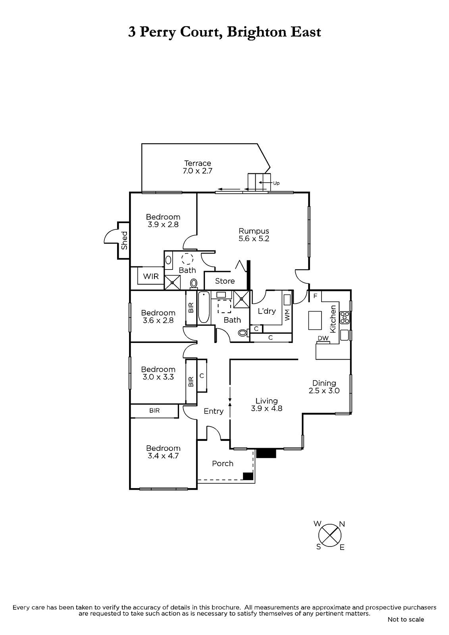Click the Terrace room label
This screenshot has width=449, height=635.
pyautogui.click(x=197, y=163)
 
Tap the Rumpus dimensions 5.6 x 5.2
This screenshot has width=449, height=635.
pyautogui.click(x=254, y=239)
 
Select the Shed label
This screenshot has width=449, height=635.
pyautogui.click(x=124, y=241)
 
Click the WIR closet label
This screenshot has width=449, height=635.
pyautogui.click(x=150, y=276)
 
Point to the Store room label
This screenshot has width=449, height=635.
pyautogui.click(x=225, y=281)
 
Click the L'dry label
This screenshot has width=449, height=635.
pyautogui.click(x=267, y=311)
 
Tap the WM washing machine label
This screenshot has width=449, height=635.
pyautogui.click(x=287, y=315)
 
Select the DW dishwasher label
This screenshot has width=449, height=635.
pyautogui.click(x=323, y=338)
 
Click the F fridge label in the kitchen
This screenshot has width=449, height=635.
pyautogui.click(x=315, y=296)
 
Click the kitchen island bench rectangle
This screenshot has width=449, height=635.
pyautogui.click(x=315, y=320)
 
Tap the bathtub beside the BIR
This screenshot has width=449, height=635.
pyautogui.click(x=204, y=307)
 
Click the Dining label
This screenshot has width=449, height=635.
pyautogui.click(x=324, y=383)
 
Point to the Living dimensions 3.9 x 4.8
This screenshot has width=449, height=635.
pyautogui.click(x=266, y=408)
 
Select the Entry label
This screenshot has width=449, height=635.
pyautogui.click(x=214, y=411)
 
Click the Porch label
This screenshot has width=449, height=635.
pyautogui.click(x=223, y=464)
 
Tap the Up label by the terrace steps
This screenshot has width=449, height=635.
pyautogui.click(x=276, y=183)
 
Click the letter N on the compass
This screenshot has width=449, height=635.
pyautogui.click(x=342, y=524)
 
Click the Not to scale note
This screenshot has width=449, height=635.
pyautogui.click(x=406, y=620)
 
